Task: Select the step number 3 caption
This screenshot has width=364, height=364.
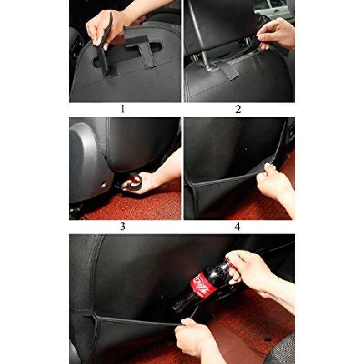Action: point(122,227)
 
